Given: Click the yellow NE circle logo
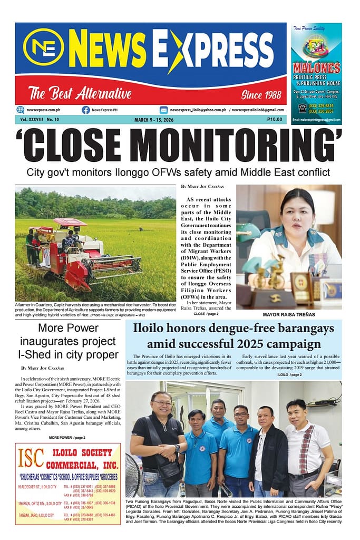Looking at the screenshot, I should [x=43, y=47].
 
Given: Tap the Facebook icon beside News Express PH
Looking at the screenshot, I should [x=85, y=110].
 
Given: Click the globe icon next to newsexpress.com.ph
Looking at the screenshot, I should [x=21, y=110].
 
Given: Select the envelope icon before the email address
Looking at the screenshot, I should [x=164, y=110].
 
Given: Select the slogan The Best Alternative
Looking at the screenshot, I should [x=80, y=94].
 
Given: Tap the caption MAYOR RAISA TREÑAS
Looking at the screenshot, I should [x=288, y=314].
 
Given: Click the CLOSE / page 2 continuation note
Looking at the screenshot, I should [x=206, y=314].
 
